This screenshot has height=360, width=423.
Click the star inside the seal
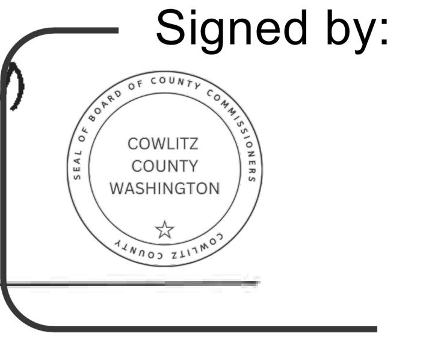click(164, 229)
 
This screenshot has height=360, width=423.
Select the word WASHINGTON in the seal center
click(164, 188)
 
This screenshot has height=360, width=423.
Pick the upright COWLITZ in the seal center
click(163, 144)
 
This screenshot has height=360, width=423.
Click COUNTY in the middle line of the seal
click(164, 166)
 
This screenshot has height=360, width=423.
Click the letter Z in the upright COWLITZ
click(193, 144)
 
